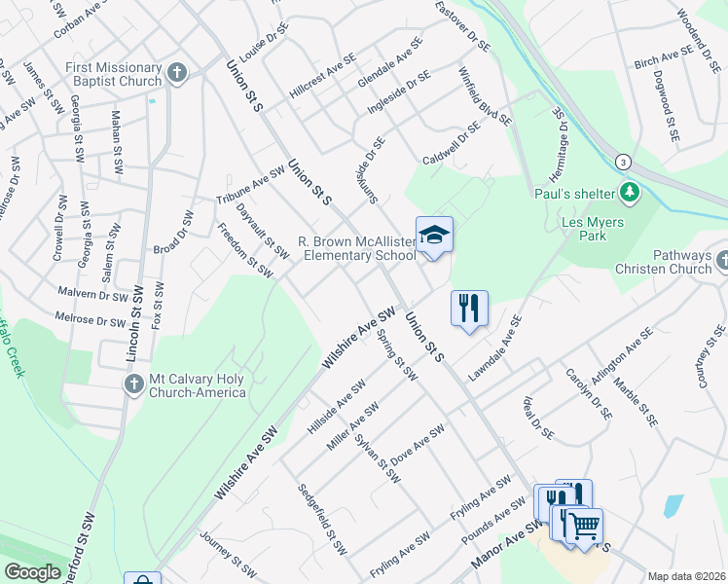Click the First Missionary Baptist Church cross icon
pos(176,72)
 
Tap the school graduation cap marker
pos(434,235)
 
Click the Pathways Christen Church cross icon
pos(722,261)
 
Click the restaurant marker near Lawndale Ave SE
pos(469,309)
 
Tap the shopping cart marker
pos(584,526)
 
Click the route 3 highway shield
pos(623,161)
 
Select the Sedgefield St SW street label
pos(322,520)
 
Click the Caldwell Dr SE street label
pos(451,143)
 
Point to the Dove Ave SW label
pos(418,443)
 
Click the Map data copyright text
pos(685,576)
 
